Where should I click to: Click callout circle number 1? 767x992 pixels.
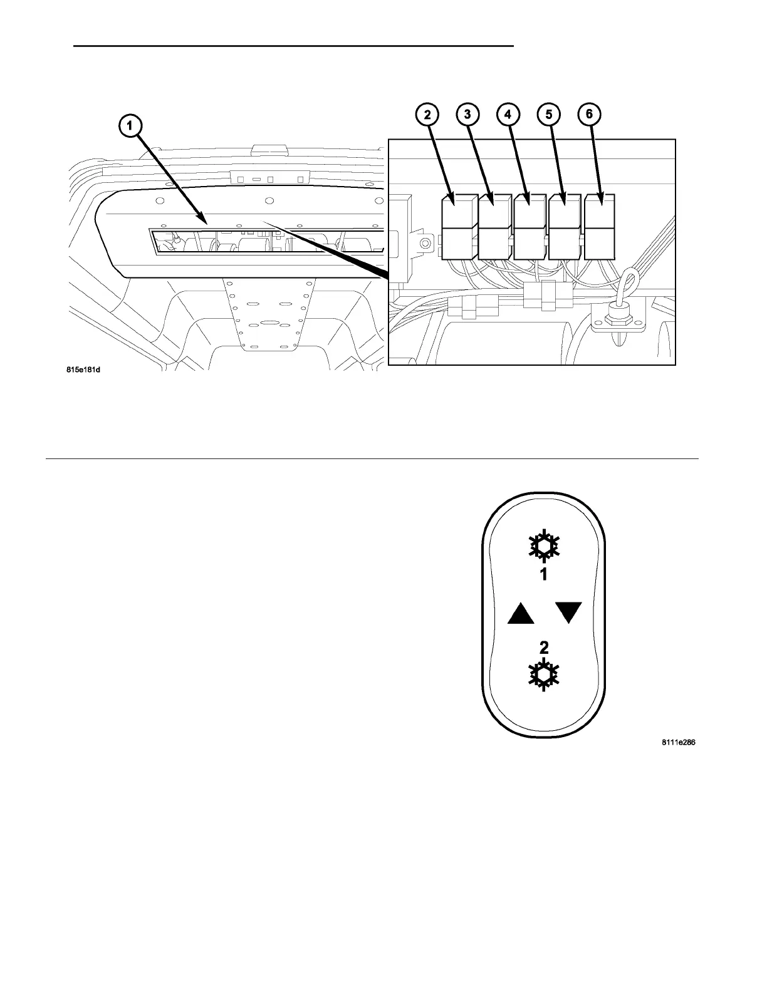coord(130,126)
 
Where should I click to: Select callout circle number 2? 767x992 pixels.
coord(427,115)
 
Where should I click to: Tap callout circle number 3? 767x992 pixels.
coord(467,115)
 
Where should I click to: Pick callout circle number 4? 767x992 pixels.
coord(508,115)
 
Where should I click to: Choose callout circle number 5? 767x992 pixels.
coord(549,115)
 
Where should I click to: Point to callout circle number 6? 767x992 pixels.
coord(589,115)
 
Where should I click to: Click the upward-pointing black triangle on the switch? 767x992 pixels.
coord(521,613)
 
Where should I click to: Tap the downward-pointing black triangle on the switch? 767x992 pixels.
coord(568,612)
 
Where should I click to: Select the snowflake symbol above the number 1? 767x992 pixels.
coord(543,546)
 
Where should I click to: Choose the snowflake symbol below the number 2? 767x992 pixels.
coord(543,675)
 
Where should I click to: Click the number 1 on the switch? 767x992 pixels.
coord(544,574)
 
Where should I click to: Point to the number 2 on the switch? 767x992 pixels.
coord(544,648)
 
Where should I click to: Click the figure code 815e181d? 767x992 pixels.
coord(83,369)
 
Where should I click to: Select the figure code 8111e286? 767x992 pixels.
coord(679,743)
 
